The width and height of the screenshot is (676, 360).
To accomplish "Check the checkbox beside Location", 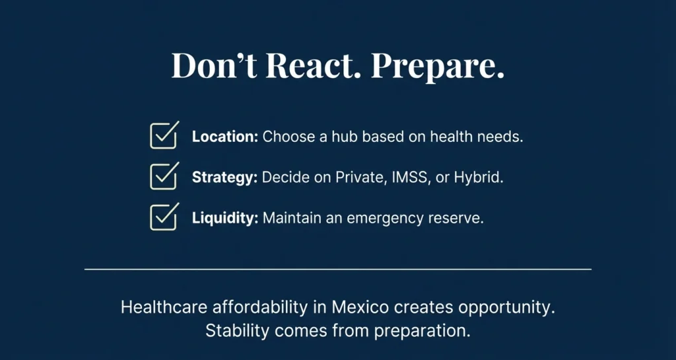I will [163, 136].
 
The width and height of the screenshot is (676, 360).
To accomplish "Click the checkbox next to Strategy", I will [163, 176].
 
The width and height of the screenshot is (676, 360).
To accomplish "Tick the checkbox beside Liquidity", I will [163, 217].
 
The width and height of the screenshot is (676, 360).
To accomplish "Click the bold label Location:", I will [224, 137].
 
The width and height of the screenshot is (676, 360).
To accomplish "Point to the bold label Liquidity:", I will [225, 219].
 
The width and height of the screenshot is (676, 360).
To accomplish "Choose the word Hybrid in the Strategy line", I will [478, 178].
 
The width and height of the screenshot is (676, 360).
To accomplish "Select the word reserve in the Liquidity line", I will [459, 219].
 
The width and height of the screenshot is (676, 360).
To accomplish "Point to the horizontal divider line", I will [338, 270].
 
